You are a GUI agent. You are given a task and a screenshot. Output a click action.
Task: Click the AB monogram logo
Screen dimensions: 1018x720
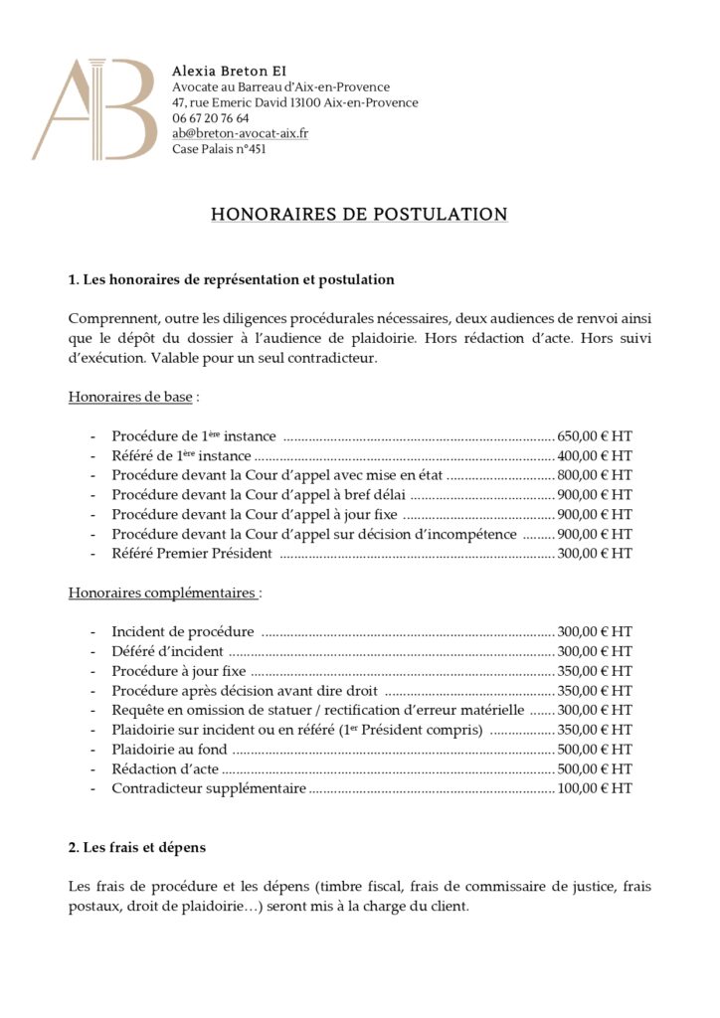point(93,108)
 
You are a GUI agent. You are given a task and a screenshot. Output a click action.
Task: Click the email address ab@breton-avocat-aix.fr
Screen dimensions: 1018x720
point(239,133)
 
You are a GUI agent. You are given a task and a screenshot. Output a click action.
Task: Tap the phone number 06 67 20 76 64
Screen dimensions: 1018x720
point(210,118)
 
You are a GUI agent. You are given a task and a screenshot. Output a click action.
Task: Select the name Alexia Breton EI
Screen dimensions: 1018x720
point(228,71)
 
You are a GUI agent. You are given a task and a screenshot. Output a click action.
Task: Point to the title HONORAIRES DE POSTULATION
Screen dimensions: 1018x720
point(359,214)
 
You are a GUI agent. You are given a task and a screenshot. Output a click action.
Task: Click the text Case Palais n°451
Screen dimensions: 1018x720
point(219,149)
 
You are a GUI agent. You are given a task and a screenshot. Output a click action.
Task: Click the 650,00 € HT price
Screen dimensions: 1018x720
point(594,436)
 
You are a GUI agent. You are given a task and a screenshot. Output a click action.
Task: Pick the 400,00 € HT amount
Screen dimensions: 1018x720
point(594,455)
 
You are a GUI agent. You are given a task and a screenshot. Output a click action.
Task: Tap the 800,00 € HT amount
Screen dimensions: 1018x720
point(594,475)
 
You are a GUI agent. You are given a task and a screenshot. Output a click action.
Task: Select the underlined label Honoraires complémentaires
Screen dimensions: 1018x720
point(163,593)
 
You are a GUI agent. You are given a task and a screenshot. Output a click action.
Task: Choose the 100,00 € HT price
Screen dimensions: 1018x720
point(594,788)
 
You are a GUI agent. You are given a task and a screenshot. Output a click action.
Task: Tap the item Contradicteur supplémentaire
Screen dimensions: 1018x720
point(209,788)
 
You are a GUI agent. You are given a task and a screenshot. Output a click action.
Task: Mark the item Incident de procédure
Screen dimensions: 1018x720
point(183,631)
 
